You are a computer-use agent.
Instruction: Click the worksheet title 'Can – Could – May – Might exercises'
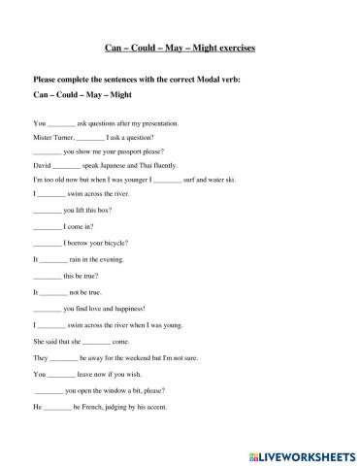pos(180,47)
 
